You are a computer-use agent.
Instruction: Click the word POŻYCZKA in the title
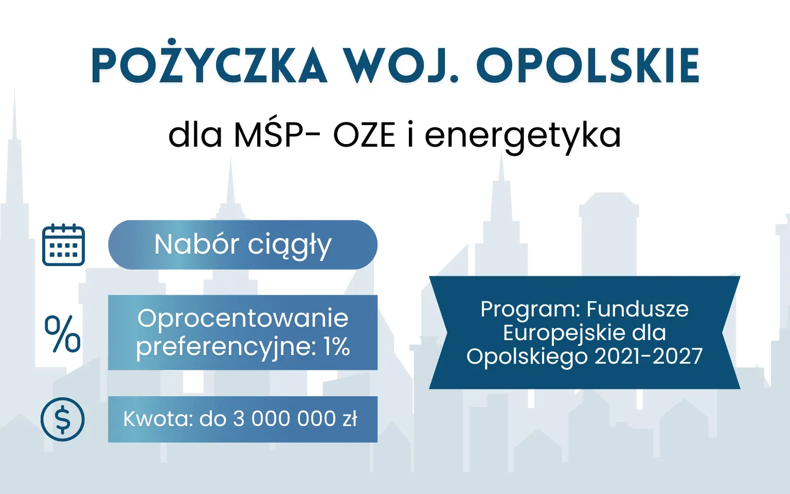209,66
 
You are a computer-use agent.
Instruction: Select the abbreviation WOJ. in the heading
401,66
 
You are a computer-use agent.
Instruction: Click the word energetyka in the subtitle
523,135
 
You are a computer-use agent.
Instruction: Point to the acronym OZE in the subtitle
364,135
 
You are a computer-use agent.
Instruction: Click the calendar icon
63,245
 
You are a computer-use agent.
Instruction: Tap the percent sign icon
63,334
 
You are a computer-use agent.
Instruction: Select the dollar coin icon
63,419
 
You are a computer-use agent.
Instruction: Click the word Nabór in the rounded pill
196,244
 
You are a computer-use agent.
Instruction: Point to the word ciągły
290,246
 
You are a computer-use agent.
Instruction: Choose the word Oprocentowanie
243,318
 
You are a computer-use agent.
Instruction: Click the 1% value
337,346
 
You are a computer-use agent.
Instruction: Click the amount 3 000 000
284,419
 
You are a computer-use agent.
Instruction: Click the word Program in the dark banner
530,309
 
